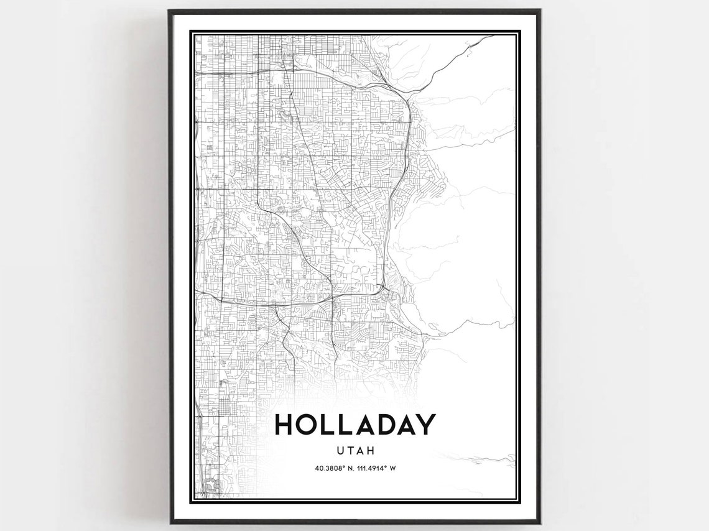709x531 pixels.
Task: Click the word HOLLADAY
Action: point(354,425)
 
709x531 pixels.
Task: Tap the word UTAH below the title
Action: point(354,451)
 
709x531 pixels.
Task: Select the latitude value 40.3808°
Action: point(330,468)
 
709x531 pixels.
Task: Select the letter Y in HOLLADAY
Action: point(425,425)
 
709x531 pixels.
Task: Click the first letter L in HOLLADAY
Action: point(330,425)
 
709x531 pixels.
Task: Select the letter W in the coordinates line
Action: point(393,468)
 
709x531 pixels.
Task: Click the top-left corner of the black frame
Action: point(169,11)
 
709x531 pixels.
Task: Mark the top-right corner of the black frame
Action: point(539,11)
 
